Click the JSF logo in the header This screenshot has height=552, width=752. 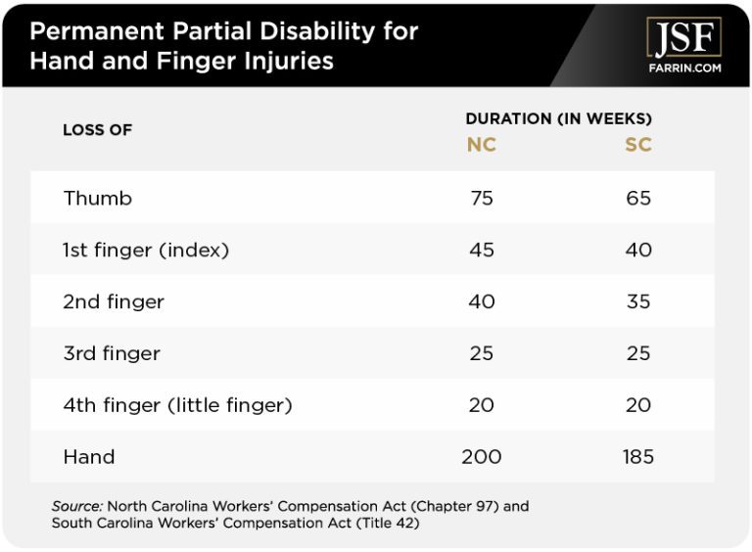pos(683,37)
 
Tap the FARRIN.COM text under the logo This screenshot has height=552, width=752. pos(683,69)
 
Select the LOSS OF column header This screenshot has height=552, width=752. pos(97,130)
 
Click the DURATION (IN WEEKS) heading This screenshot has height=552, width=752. pos(558,118)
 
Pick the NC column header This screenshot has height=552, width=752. pos(481,146)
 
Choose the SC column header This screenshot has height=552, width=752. pos(638,146)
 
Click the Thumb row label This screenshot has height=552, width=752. pos(98,199)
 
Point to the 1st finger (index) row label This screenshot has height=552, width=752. pos(146,251)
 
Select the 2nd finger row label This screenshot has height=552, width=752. pos(114,302)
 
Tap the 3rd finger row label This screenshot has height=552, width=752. pos(112,353)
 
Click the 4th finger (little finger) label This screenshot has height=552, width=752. pos(177,405)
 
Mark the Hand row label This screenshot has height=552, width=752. pos(89,457)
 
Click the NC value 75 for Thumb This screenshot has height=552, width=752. pos(481,199)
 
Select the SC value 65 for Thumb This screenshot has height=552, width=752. pos(638,199)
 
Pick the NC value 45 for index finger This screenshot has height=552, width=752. pos(481,251)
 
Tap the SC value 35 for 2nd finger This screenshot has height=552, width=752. pos(638,302)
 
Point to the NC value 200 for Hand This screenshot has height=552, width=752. pos(481,457)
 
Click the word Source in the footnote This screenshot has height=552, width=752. pos(77,507)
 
